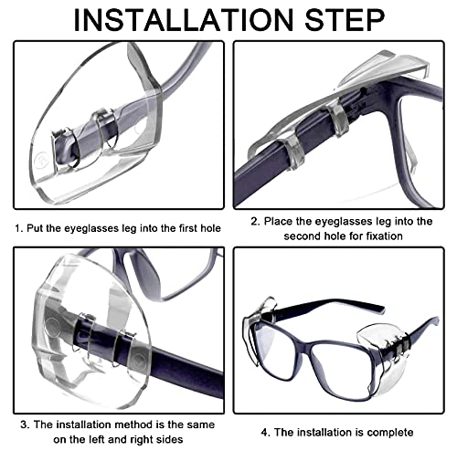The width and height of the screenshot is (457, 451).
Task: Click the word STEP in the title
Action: [x=345, y=20]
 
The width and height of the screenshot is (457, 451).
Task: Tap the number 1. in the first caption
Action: [x=19, y=228]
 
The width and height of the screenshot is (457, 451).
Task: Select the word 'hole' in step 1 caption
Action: [x=210, y=228]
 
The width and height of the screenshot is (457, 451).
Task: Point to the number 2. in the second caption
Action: [x=255, y=221]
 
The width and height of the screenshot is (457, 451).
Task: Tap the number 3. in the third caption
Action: [x=26, y=425]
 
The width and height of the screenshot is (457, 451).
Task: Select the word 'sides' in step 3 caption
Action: [x=170, y=439]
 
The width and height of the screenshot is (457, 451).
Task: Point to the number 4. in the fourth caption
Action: [x=266, y=433]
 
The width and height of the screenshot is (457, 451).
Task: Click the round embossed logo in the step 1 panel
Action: [x=41, y=160]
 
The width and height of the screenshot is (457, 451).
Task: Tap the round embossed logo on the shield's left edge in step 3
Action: [x=52, y=328]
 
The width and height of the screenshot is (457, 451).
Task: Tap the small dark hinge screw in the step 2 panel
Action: [x=363, y=90]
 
